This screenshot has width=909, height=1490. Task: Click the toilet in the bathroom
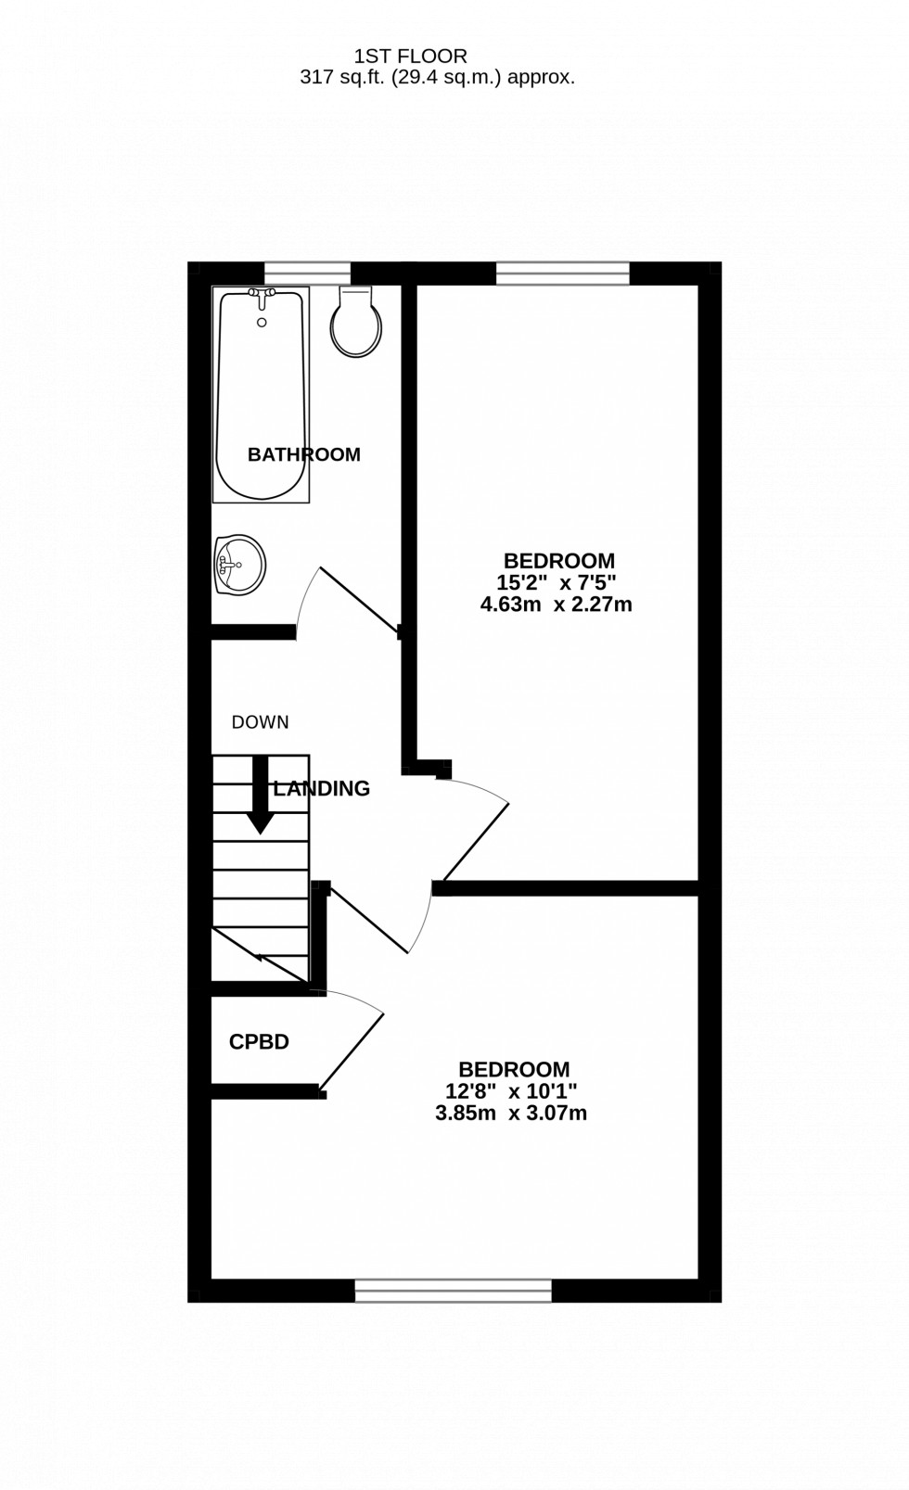point(357,325)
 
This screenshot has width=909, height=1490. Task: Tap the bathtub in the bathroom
point(261,396)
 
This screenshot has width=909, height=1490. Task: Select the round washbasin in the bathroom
point(239,564)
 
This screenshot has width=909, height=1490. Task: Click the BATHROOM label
point(303,454)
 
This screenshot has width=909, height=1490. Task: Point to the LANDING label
point(322,788)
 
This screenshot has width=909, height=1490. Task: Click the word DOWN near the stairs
point(260,722)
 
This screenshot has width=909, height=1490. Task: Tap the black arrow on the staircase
point(260,796)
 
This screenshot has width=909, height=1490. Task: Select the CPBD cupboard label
point(259,1042)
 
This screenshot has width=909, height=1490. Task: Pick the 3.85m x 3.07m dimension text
point(511,1114)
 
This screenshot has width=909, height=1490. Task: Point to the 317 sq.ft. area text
point(437,78)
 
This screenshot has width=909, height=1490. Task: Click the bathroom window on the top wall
point(307,273)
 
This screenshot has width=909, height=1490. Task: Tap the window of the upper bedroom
point(563,273)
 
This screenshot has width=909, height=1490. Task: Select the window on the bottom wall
point(454,1290)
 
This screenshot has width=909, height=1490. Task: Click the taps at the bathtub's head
point(262,297)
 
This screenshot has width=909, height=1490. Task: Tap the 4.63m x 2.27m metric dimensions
point(556,605)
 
